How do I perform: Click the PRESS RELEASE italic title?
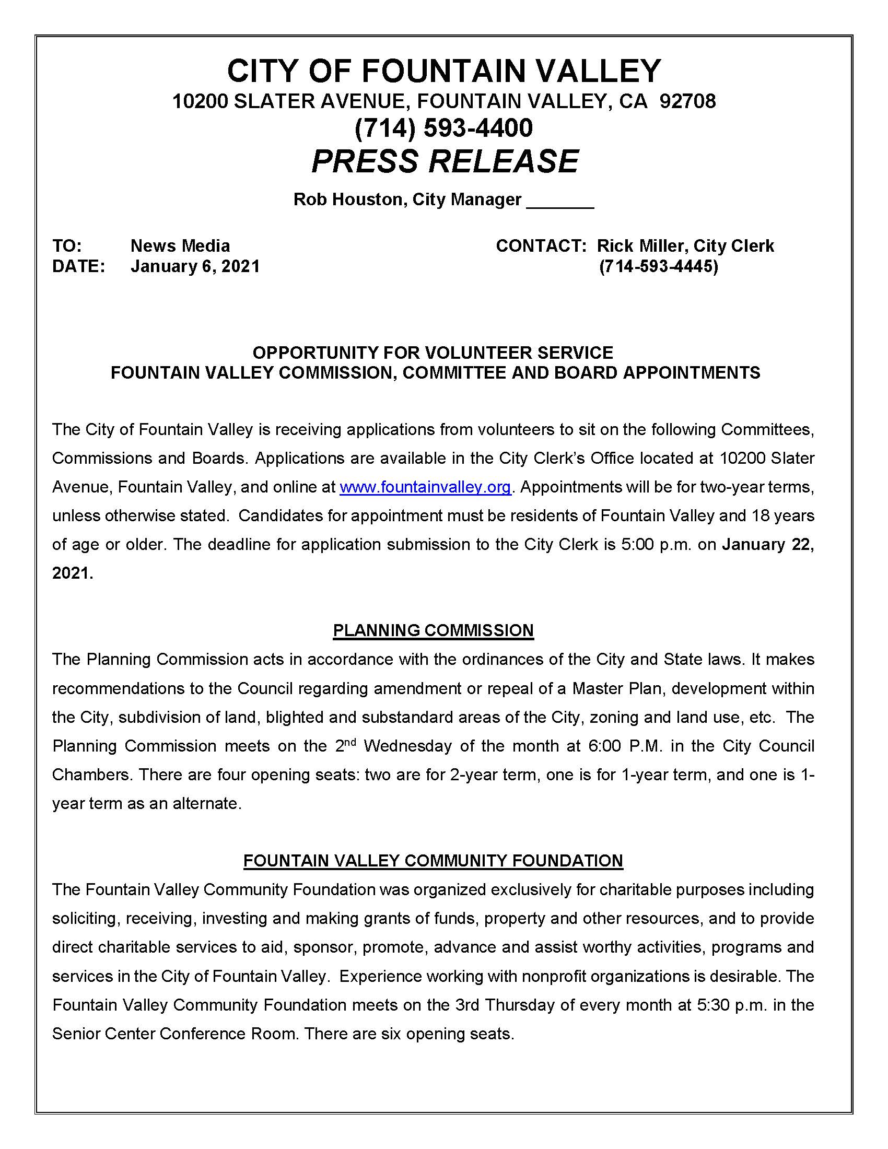pos(445,161)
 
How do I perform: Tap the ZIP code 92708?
pos(687,101)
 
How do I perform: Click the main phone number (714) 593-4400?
pos(443,128)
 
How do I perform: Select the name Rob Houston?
pos(347,200)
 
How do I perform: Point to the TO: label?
pos(67,245)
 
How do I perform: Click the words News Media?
pos(180,245)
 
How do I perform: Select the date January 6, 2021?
pos(195,266)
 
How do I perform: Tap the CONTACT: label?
pos(541,245)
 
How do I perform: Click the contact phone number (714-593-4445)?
pos(659,266)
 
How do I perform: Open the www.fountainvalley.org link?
pos(425,487)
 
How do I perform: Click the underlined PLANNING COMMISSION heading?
pos(433,630)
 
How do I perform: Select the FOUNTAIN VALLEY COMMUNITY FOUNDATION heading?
pos(433,861)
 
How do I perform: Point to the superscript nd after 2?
pos(351,742)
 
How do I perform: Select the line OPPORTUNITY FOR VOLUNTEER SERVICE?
pos(433,353)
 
